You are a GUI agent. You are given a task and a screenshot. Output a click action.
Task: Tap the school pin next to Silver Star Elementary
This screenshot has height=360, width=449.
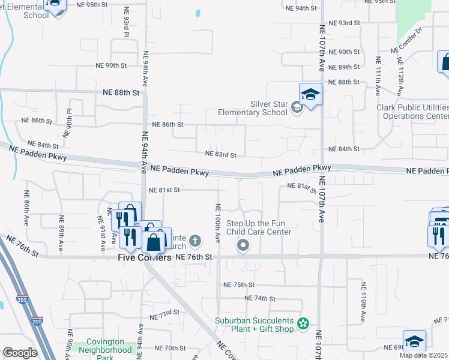310,95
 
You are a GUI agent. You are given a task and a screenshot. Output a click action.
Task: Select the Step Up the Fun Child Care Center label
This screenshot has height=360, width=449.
259,227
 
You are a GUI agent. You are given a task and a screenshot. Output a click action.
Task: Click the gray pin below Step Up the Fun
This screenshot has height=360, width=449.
243,244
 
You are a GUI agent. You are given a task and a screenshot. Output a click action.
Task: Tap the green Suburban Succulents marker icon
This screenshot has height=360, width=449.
303,325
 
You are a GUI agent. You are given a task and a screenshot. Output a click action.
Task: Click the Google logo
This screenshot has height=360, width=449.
20,352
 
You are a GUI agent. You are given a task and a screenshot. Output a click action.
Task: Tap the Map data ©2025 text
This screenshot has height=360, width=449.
423,355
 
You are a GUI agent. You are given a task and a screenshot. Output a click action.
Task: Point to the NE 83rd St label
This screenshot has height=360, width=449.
221,154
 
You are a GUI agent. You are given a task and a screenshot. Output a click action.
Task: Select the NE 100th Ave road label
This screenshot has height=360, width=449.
217,223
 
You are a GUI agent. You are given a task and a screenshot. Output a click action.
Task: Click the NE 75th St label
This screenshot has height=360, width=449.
239,284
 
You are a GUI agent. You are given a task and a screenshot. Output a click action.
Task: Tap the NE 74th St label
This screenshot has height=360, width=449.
259,298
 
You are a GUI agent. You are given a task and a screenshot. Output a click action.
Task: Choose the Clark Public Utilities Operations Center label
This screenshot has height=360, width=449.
413,112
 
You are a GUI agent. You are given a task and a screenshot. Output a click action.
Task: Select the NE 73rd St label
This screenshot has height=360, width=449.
164,314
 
